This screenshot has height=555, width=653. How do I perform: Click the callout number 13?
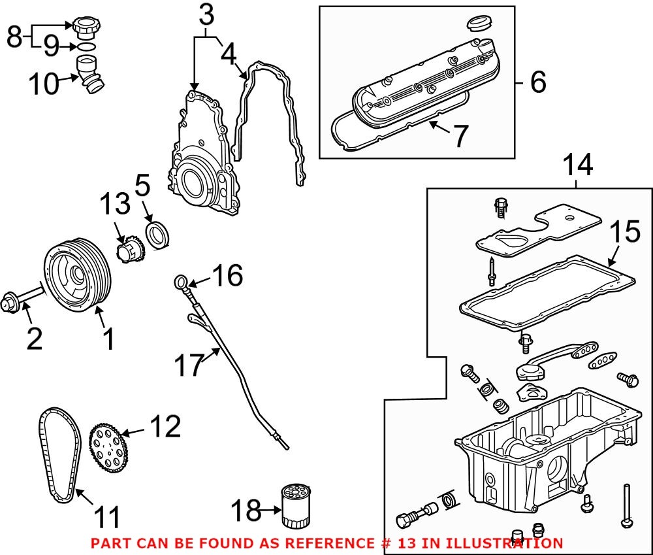[x=115, y=205]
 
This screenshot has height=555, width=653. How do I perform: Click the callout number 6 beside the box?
[x=538, y=82]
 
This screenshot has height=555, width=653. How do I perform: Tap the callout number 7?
[x=461, y=136]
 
